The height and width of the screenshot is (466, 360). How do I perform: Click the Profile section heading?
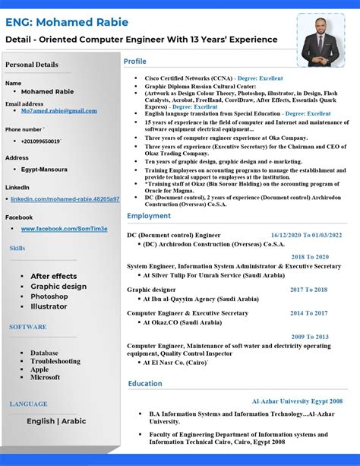(x=135, y=61)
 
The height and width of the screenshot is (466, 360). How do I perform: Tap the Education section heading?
(x=145, y=384)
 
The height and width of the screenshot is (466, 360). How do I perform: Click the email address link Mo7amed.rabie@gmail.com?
(x=59, y=111)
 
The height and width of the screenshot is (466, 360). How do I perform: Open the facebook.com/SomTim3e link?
(x=64, y=229)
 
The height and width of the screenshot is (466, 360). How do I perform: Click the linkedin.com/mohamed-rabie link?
(x=65, y=199)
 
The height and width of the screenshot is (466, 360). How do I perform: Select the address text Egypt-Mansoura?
(x=44, y=170)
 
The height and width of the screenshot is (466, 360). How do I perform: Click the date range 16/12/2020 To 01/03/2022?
(x=306, y=236)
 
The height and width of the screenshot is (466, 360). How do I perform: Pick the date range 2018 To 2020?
(x=310, y=257)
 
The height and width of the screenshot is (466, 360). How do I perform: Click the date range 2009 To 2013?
(x=310, y=337)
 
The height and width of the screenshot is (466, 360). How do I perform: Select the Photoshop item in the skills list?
(x=49, y=296)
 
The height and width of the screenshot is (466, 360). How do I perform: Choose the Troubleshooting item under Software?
(x=55, y=361)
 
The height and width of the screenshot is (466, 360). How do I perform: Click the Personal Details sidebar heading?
(x=32, y=65)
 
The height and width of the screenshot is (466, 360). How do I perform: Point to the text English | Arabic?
(x=56, y=421)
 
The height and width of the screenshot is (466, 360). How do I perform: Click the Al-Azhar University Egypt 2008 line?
(x=297, y=401)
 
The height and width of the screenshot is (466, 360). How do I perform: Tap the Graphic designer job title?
(x=151, y=290)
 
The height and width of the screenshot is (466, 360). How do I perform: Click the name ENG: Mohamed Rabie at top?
(x=67, y=22)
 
